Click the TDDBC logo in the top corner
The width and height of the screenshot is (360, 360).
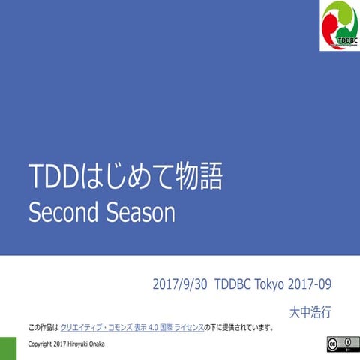(339, 25)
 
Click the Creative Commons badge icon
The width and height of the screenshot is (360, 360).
(340, 343)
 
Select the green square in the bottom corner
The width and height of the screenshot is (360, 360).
(7, 348)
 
